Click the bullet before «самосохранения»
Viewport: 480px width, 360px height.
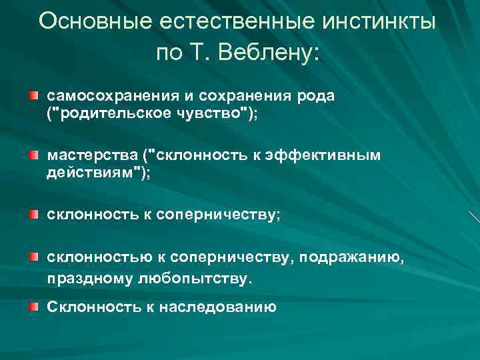[34, 97]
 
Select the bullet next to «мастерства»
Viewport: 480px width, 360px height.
[34, 155]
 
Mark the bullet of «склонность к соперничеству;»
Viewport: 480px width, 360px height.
[34, 215]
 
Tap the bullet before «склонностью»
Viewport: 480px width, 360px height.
[34, 258]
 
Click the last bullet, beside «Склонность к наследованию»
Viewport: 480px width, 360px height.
[34, 307]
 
